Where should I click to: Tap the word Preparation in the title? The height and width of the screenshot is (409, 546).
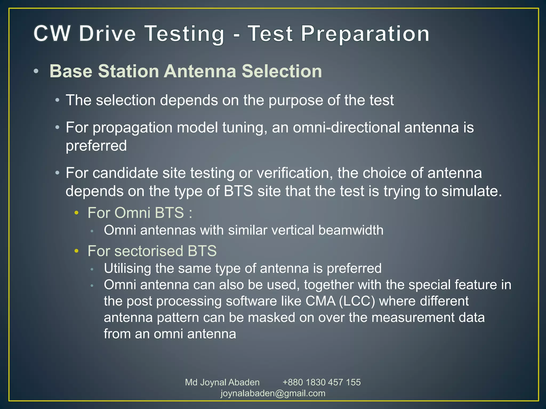click(x=365, y=34)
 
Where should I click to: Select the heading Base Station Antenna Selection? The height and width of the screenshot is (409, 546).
click(x=186, y=71)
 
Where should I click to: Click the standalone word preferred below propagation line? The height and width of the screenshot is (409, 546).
click(x=96, y=146)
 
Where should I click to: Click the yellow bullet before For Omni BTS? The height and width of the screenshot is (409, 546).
click(x=77, y=213)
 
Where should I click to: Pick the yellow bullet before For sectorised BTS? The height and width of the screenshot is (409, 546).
click(x=77, y=251)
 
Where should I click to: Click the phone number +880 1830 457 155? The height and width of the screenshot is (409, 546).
click(x=322, y=382)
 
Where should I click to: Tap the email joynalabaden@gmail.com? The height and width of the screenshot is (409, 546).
click(x=273, y=393)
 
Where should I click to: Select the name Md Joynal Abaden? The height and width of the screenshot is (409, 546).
click(x=222, y=382)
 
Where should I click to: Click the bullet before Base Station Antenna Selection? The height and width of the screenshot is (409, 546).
click(x=36, y=71)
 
